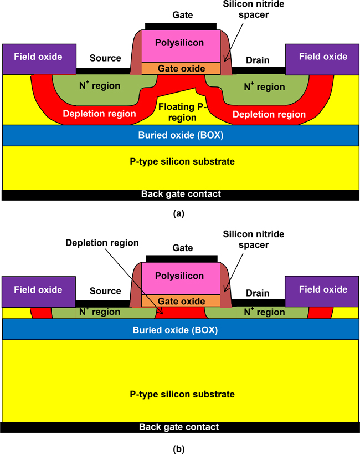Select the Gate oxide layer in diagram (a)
[181, 68]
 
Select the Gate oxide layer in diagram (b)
[181, 301]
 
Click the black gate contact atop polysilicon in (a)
[181, 26]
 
